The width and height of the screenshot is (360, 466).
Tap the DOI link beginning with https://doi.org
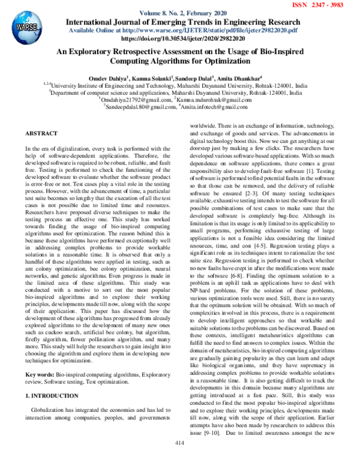click(181, 37)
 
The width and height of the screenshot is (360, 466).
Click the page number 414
click(179, 459)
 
